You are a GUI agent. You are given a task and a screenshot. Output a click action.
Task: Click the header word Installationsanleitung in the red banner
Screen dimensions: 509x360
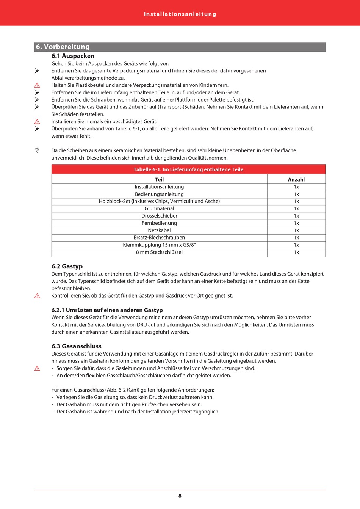180,14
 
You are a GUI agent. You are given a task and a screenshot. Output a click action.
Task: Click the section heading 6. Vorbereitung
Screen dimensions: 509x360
63,47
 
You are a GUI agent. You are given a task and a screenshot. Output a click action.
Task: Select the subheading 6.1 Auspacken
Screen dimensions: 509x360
73,56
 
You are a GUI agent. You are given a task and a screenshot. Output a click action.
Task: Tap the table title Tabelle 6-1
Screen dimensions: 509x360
188,169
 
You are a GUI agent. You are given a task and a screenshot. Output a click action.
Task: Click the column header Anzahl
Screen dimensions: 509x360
296,180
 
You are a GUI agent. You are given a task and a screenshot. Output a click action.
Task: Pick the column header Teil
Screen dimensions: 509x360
159,180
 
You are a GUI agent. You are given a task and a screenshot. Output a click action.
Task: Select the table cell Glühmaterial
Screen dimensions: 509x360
159,209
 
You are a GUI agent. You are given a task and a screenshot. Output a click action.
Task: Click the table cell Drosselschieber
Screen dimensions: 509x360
159,216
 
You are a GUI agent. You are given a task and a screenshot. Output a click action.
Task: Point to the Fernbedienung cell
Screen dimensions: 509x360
159,223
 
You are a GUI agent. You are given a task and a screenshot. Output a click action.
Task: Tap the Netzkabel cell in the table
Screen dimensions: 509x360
159,230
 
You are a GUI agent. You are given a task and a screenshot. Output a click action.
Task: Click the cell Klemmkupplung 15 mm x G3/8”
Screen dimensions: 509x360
159,245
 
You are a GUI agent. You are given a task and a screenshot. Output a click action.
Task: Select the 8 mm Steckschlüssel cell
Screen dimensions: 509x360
159,252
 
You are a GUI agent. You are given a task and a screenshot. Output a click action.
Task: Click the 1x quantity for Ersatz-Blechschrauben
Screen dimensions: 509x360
296,238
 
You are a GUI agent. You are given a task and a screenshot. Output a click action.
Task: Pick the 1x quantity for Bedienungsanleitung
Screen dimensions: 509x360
296,194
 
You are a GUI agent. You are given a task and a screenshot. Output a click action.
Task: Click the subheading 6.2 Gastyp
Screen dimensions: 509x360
67,266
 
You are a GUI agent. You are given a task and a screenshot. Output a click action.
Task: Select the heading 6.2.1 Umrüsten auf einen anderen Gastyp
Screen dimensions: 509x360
107,310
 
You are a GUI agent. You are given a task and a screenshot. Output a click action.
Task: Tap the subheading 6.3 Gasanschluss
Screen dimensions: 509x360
77,346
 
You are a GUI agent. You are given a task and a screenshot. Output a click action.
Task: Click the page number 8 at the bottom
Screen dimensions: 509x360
180,496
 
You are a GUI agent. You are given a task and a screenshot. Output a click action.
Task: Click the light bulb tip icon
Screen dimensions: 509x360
37,150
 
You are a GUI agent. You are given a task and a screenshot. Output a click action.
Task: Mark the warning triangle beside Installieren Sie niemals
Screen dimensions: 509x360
37,122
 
